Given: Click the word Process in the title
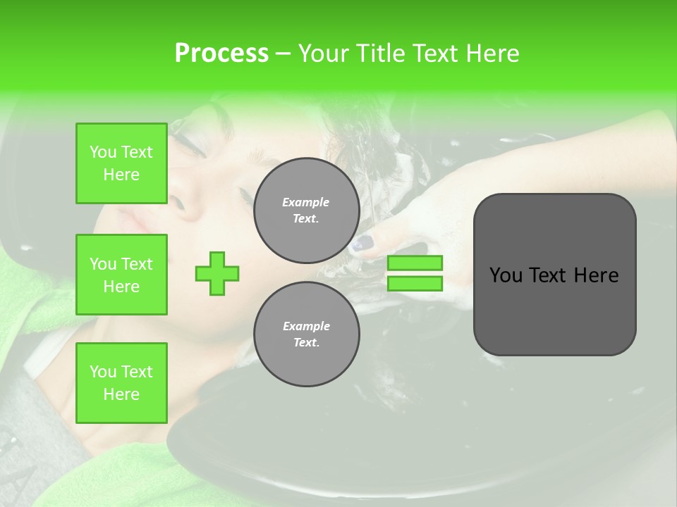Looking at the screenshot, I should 221,54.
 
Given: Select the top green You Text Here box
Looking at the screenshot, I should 121,163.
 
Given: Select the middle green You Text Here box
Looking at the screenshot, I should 121,275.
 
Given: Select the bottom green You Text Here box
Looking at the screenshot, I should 121,382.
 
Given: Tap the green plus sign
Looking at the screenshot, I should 217,273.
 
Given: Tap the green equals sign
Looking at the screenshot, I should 415,273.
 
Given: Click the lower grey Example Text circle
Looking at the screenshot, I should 306,334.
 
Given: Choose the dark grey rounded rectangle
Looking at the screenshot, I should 554,275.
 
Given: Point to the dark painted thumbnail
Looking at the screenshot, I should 362,244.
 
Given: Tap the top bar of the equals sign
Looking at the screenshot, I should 415,263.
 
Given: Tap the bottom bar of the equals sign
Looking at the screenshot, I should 415,284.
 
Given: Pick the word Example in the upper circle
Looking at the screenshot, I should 306,202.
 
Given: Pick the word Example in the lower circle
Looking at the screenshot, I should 306,326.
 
